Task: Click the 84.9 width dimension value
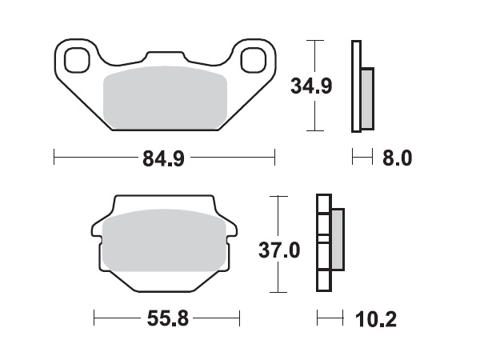click(x=163, y=158)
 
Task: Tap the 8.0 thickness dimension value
click(x=397, y=158)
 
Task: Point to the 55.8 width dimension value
click(x=167, y=320)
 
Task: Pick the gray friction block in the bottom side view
click(x=337, y=239)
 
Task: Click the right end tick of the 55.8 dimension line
click(x=240, y=319)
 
